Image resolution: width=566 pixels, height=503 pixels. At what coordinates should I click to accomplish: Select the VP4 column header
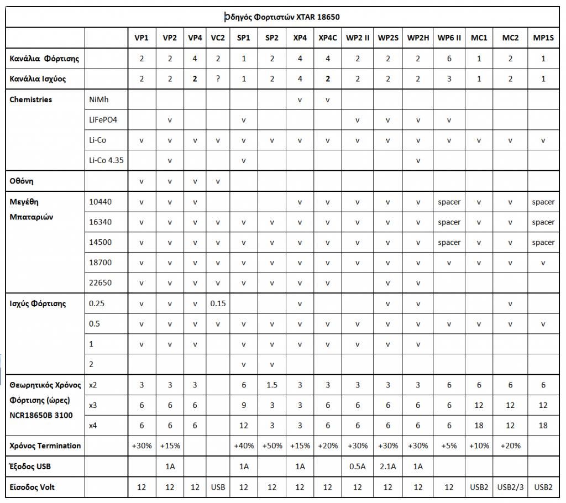195,38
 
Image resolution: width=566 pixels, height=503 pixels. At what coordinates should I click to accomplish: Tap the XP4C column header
328,38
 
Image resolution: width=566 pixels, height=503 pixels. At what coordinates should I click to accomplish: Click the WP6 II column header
449,38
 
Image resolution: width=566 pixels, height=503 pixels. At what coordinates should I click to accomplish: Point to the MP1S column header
543,38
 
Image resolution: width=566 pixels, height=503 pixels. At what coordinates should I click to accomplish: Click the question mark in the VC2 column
218,78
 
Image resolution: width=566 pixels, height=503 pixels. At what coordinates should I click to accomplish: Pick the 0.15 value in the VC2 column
218,303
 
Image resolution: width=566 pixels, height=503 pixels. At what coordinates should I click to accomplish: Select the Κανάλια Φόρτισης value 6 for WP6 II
449,58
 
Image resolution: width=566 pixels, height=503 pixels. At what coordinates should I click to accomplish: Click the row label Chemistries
31,99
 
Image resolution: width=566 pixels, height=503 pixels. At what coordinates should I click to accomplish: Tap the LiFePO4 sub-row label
103,120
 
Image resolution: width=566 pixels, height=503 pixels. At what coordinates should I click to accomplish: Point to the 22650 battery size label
100,283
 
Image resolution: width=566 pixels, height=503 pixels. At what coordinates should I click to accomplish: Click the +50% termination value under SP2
271,446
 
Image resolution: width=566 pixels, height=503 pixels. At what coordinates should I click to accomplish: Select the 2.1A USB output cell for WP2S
388,467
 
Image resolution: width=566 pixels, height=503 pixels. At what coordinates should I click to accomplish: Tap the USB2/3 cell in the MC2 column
510,487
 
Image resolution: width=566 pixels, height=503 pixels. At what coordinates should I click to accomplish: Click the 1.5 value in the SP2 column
271,385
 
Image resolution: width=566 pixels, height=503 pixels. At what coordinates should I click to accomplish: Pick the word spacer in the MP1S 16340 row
543,222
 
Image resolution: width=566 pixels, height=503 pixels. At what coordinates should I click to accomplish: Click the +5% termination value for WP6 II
449,446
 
